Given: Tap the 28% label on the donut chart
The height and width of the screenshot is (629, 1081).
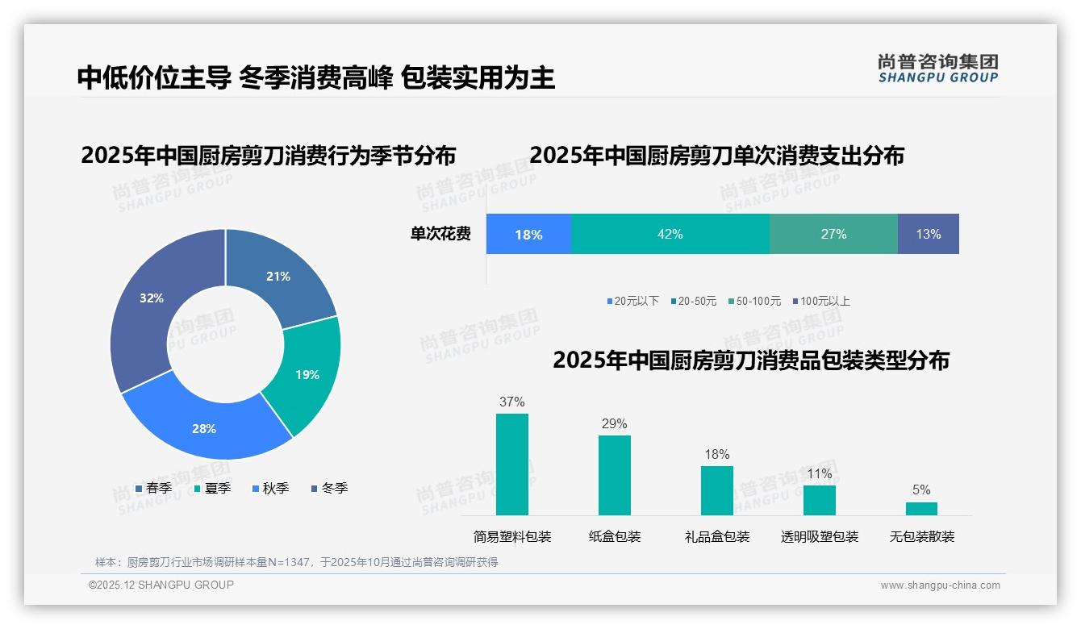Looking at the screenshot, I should pyautogui.click(x=204, y=429).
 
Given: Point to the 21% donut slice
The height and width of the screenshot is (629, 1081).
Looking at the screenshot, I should pyautogui.click(x=278, y=277).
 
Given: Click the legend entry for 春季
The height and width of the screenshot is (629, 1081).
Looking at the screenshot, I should pyautogui.click(x=153, y=488).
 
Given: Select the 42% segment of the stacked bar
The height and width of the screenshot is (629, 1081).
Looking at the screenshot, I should pyautogui.click(x=670, y=234).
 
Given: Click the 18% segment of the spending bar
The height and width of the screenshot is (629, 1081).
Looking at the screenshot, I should pyautogui.click(x=528, y=235).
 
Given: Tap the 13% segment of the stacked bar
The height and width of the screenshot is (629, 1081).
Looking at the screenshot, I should pyautogui.click(x=928, y=234).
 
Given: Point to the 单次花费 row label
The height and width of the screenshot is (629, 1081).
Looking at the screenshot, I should pyautogui.click(x=440, y=234).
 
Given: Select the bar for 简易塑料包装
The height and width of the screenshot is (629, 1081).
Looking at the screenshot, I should pyautogui.click(x=511, y=464).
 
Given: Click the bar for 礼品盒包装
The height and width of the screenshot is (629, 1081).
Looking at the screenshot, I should pyautogui.click(x=716, y=490).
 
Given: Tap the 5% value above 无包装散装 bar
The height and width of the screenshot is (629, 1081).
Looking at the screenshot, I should pyautogui.click(x=921, y=489).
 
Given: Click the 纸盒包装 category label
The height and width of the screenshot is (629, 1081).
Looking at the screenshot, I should pyautogui.click(x=615, y=536).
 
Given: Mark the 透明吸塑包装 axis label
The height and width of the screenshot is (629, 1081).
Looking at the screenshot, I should pyautogui.click(x=819, y=536).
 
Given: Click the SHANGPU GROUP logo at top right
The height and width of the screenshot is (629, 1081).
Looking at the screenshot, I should pyautogui.click(x=937, y=68).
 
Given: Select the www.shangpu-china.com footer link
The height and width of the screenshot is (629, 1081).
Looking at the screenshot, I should pyautogui.click(x=940, y=585).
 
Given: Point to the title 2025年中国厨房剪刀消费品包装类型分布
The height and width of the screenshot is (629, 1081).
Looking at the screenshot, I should pyautogui.click(x=750, y=360).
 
